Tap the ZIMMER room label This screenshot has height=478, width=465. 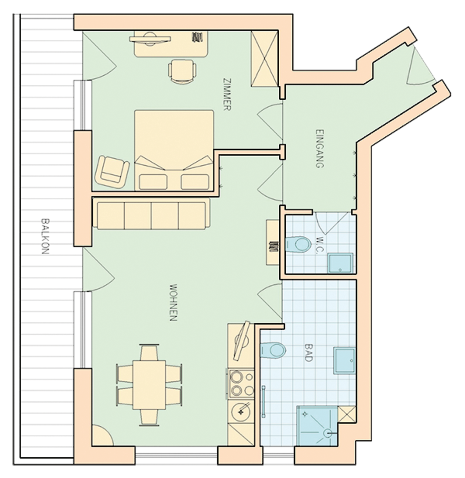click(x=227, y=94)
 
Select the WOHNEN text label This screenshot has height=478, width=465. click(x=173, y=303)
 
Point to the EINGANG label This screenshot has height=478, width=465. click(x=319, y=149)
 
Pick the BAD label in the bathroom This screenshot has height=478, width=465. click(x=308, y=352)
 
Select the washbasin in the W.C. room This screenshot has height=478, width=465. click(x=340, y=263)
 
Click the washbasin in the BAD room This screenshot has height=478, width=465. click(x=344, y=361)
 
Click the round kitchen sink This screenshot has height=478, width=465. click(x=241, y=410)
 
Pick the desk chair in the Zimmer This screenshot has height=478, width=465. click(x=182, y=71)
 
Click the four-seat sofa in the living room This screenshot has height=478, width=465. click(x=151, y=216)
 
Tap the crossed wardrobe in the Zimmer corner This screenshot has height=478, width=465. click(x=264, y=58)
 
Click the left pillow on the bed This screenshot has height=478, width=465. click(x=153, y=182)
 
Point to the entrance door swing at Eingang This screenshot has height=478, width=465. click(x=420, y=66)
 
